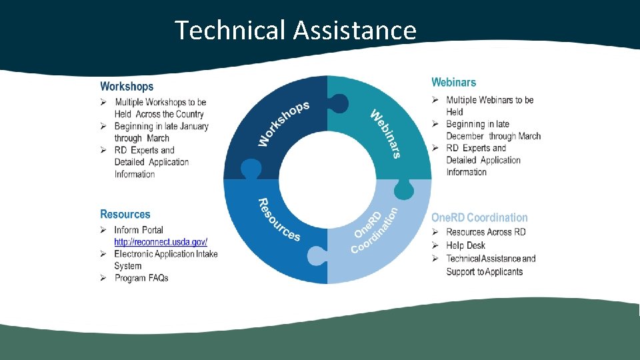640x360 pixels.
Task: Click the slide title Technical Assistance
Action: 295,31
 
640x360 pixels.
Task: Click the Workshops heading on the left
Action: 127,87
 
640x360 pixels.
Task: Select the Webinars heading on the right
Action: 453,83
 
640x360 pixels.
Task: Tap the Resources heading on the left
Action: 125,215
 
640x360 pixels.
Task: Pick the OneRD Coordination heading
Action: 479,218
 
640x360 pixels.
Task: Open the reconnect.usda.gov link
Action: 161,242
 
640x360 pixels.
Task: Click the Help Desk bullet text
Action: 466,245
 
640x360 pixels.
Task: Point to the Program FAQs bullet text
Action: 141,278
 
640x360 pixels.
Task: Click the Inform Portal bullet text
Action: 139,230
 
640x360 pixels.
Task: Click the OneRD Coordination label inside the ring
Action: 375,230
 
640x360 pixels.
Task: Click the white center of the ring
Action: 327,180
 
